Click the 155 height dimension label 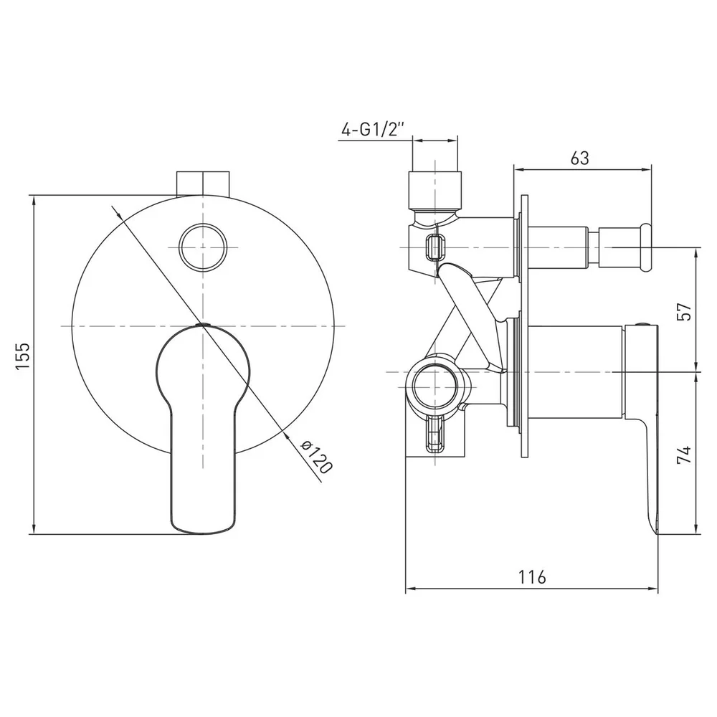click(22, 356)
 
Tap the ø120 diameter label click(316, 456)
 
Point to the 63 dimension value click(580, 158)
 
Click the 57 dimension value click(685, 311)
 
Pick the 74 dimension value click(685, 455)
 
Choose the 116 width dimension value click(532, 577)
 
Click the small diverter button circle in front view click(203, 247)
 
